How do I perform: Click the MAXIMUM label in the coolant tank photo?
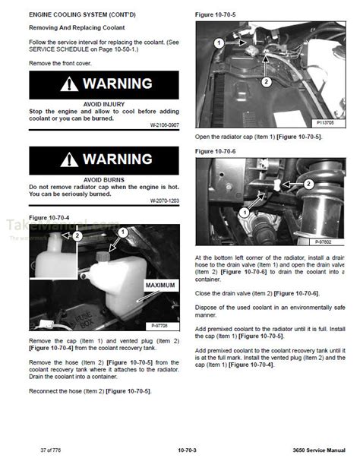pos(160,286)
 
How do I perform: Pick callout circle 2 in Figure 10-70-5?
pos(266,81)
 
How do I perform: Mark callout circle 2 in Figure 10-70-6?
pos(308,183)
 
